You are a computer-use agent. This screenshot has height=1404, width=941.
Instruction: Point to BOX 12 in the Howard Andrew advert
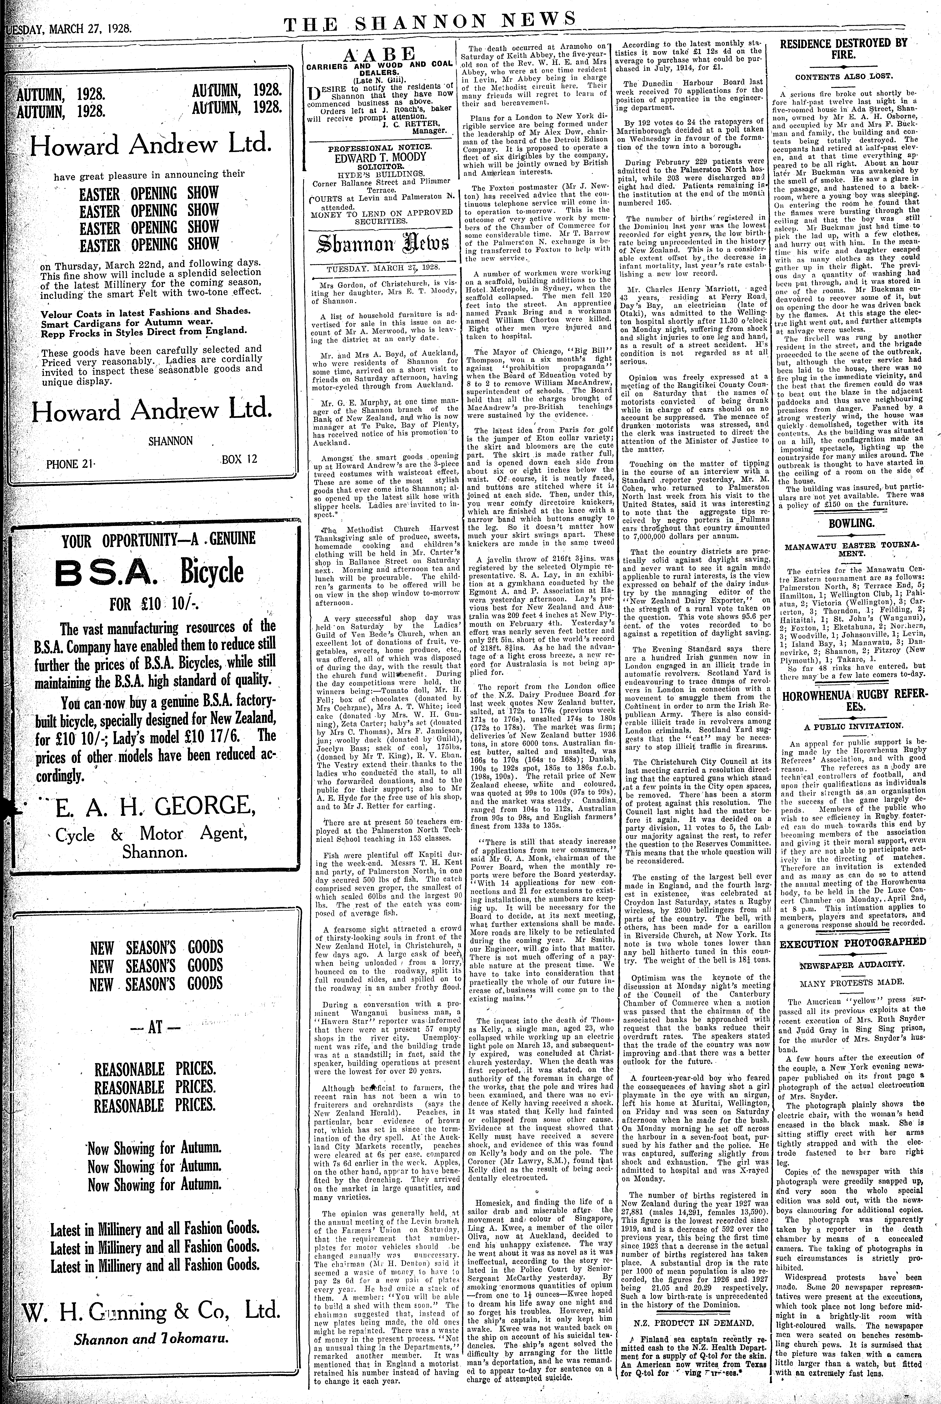pyautogui.click(x=239, y=459)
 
